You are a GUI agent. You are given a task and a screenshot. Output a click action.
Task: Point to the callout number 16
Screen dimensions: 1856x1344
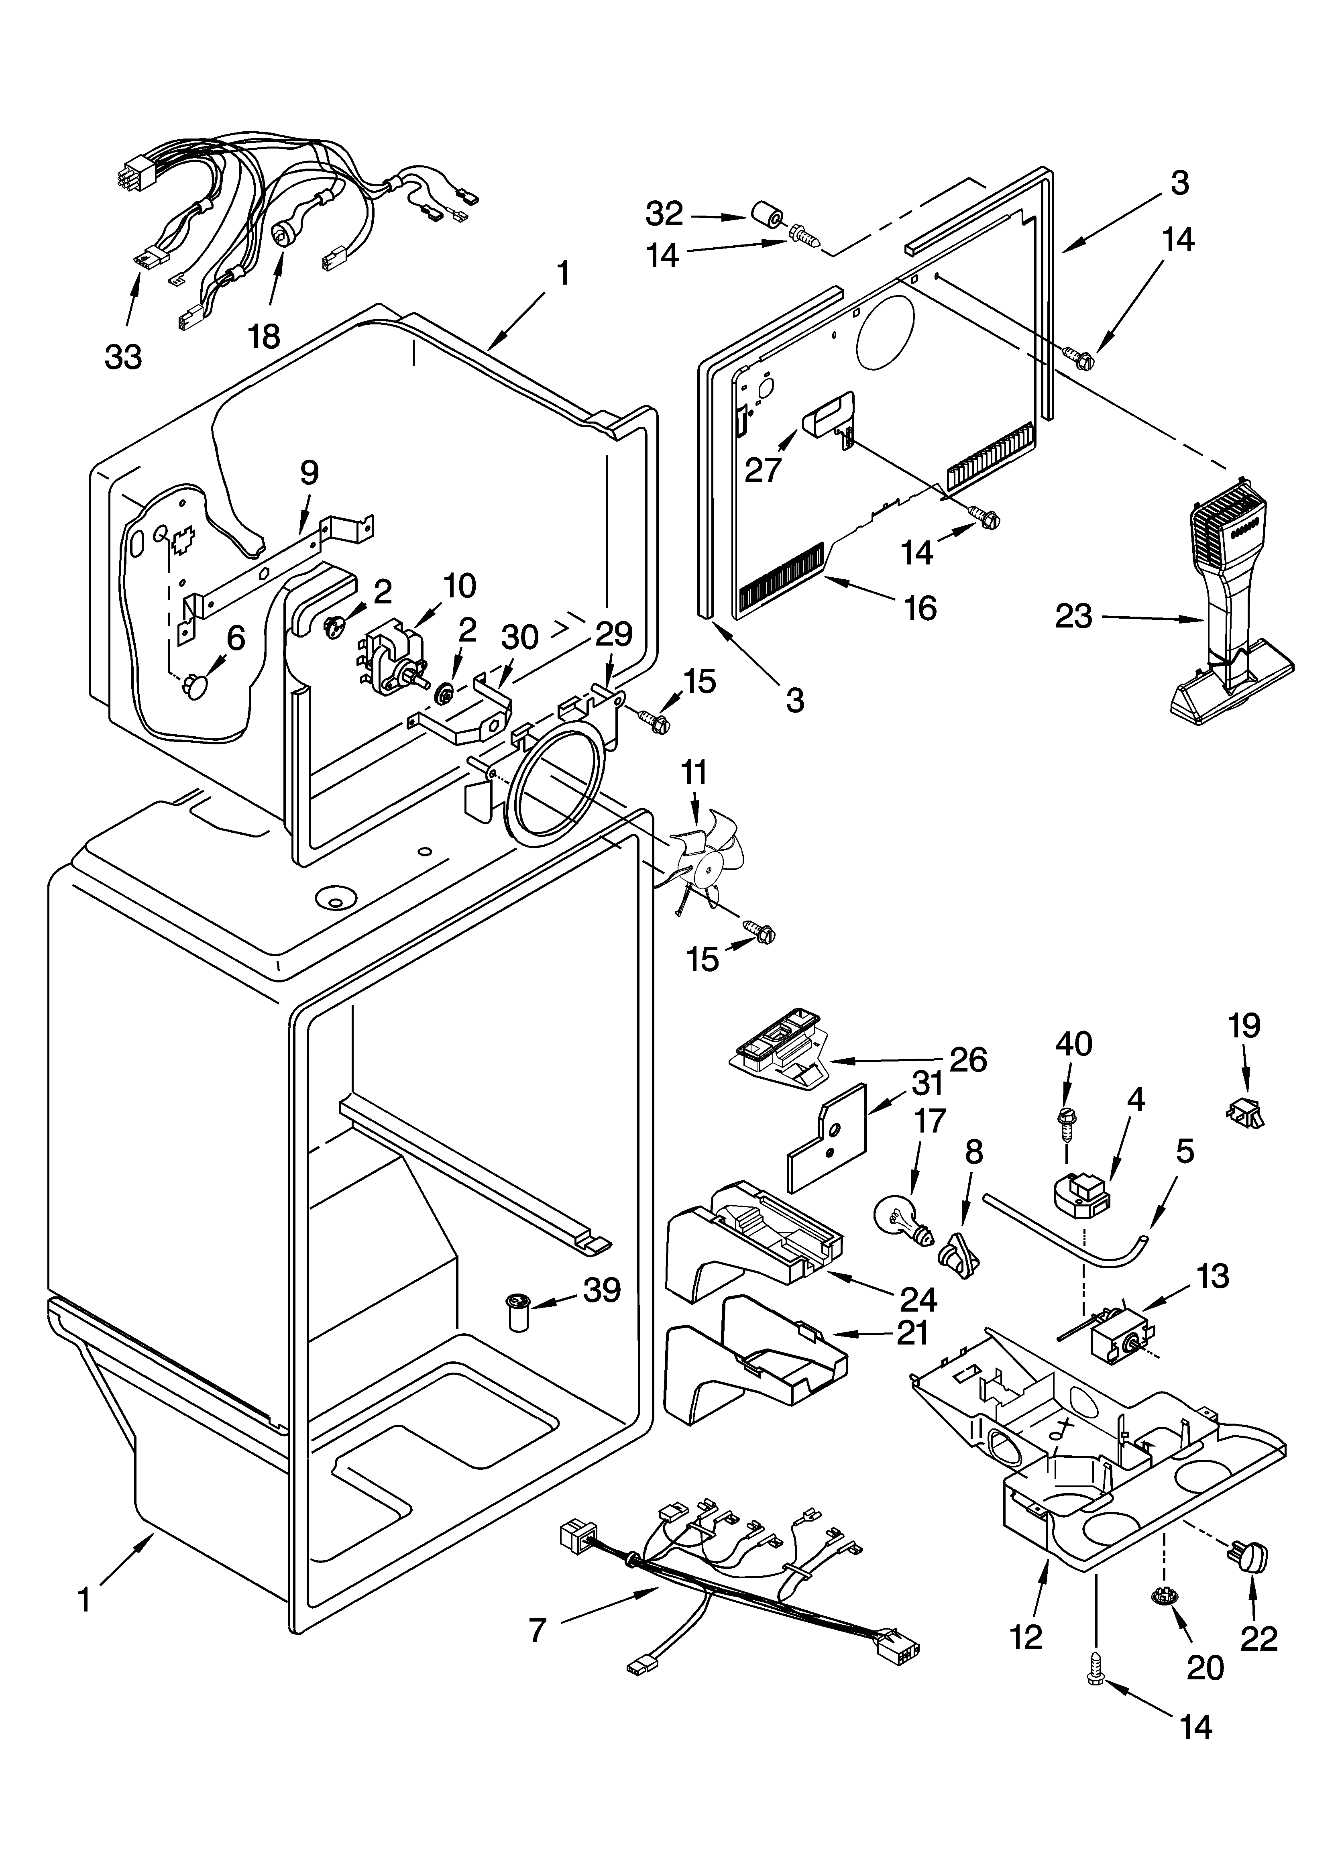[x=921, y=608]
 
